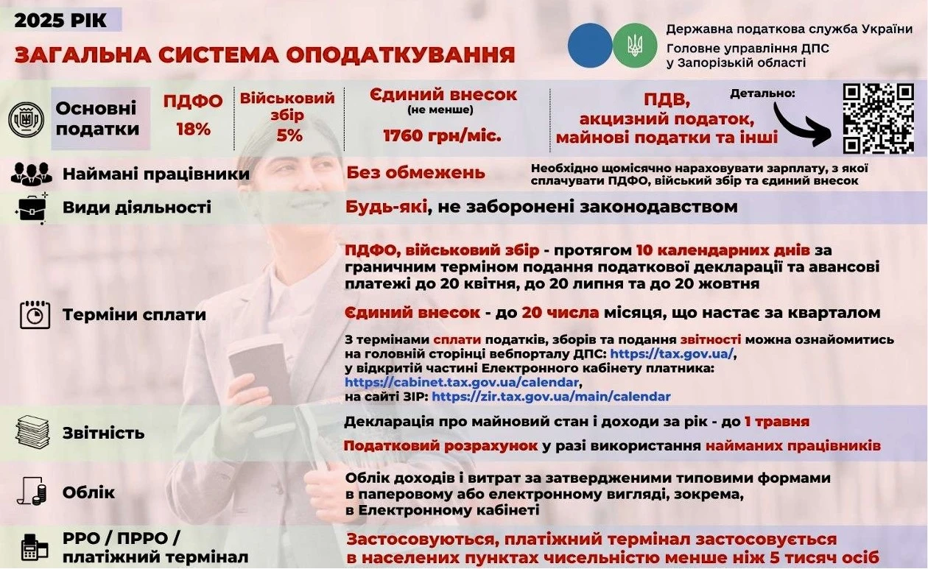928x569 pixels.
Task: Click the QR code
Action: [878, 119]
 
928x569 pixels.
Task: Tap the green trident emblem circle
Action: [635, 46]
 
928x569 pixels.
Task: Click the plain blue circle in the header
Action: [589, 46]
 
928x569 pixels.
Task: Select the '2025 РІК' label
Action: [61, 20]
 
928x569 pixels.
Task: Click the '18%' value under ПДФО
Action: [193, 129]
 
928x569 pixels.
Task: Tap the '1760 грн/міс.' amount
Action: [442, 135]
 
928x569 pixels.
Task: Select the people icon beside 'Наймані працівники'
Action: [32, 174]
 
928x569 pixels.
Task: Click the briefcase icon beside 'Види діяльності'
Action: [32, 208]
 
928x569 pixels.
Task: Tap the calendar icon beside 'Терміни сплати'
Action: [35, 314]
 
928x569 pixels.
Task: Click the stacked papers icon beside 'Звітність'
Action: [32, 432]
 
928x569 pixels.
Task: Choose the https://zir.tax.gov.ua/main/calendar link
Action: [551, 397]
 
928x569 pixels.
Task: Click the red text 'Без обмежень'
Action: [416, 173]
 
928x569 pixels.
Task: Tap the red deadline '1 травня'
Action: [776, 422]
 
